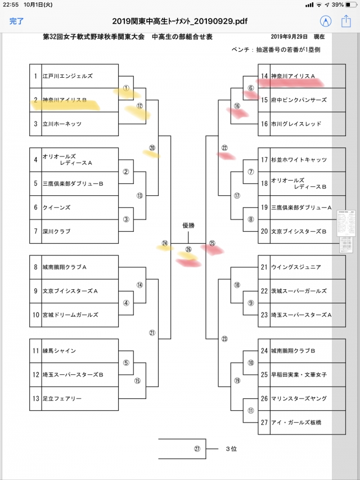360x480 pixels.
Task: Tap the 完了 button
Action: tap(16, 21)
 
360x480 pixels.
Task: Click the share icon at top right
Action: tap(346, 21)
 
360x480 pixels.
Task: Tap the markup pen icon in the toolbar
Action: tap(325, 21)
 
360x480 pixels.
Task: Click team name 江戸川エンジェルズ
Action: tap(67, 76)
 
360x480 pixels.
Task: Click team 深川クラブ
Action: tap(58, 231)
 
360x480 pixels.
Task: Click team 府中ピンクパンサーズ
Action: tap(298, 100)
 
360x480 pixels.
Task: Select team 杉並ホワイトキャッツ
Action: tap(298, 160)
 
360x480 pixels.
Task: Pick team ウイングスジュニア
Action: tap(296, 267)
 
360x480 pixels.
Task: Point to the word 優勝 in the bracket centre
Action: tap(188, 225)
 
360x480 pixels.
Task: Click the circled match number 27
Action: tap(197, 449)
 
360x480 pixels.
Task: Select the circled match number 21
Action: tap(152, 333)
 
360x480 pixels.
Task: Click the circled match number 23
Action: tap(224, 339)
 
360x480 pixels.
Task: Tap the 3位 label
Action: tap(231, 449)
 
